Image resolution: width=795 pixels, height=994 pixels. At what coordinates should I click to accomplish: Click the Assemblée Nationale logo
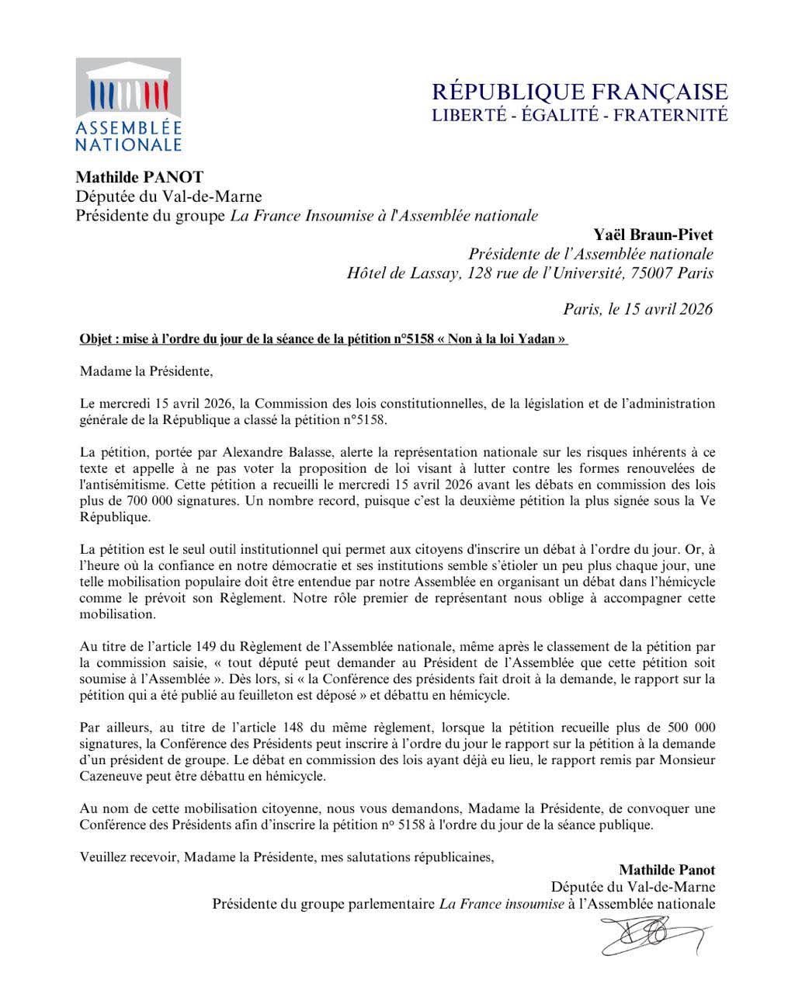coord(128,105)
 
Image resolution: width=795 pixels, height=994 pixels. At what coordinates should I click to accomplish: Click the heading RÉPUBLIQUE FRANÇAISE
coord(579,92)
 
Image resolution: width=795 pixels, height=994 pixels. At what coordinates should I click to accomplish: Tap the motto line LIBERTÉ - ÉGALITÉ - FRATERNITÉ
coord(579,116)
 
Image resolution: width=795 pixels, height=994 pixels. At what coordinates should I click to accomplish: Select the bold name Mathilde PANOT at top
coord(140,178)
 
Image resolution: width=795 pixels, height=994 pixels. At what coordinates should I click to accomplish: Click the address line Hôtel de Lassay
coord(529,273)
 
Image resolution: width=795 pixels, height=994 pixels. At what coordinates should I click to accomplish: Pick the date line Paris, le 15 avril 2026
coord(637,309)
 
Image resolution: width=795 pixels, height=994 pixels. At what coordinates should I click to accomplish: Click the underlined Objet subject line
coord(324,339)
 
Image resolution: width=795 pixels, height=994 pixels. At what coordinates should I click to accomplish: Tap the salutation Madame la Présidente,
coord(146,371)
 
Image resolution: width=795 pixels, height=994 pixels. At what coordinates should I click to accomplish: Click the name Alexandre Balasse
coord(269,453)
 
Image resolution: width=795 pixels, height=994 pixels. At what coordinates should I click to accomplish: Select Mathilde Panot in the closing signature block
coord(667,870)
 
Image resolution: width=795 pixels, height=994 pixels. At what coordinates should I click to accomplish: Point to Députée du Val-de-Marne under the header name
coord(168,197)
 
